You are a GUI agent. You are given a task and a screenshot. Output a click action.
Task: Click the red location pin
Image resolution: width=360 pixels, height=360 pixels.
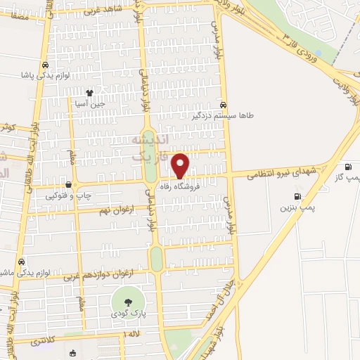(180, 165)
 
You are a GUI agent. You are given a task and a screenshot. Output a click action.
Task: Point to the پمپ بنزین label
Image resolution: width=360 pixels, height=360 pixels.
(295, 208)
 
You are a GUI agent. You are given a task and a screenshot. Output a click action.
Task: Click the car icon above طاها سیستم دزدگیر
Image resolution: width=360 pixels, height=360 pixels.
(224, 103)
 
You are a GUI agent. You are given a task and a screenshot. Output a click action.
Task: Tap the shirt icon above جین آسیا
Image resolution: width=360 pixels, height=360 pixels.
(89, 92)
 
